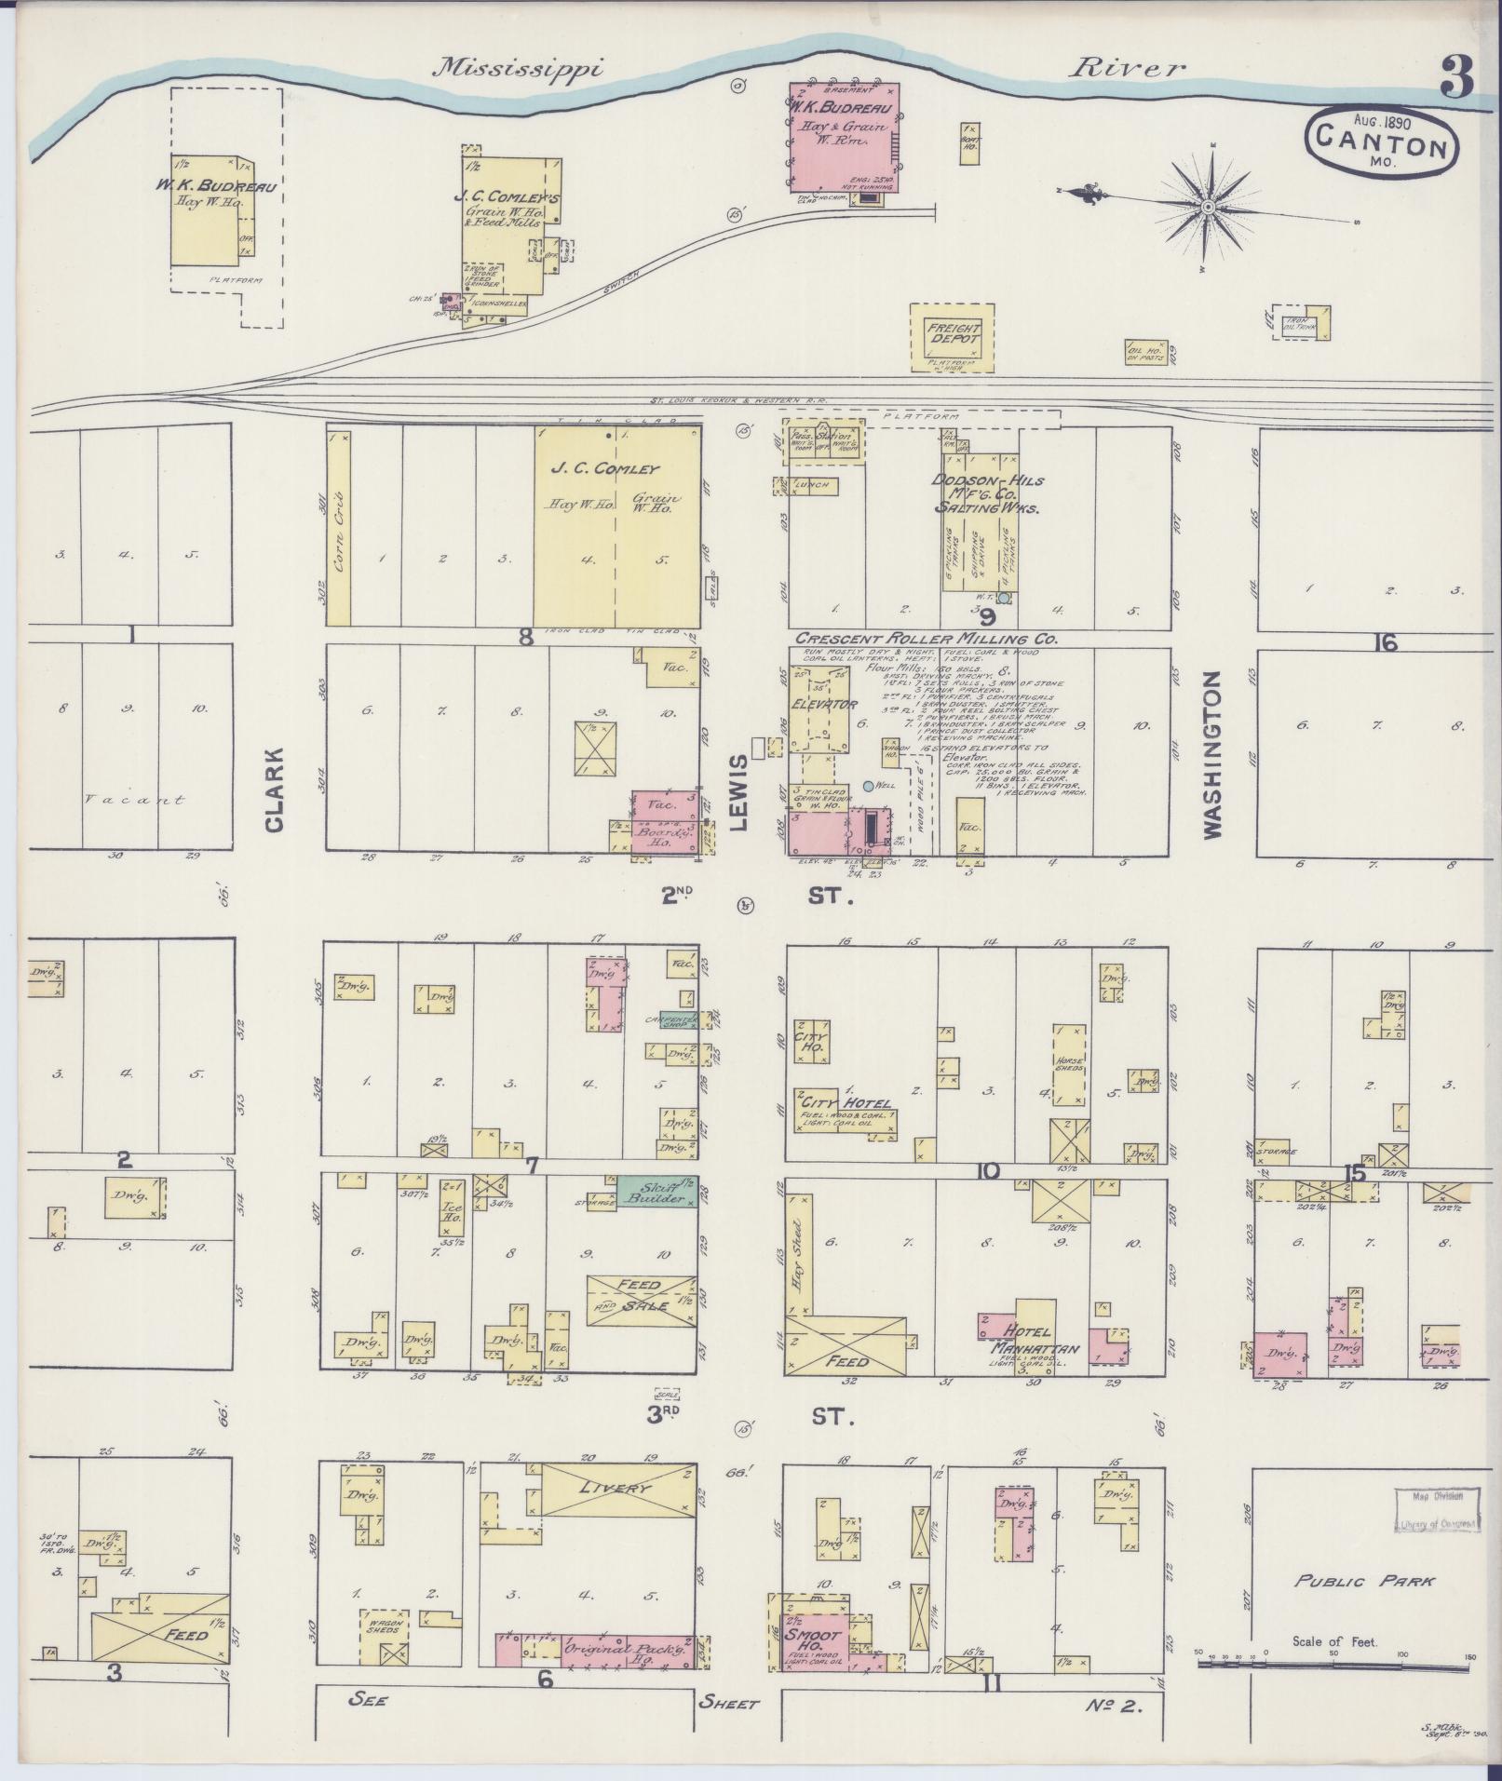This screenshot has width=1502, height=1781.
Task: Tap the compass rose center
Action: coord(1208,206)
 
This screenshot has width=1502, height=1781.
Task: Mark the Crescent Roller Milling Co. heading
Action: coord(926,639)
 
